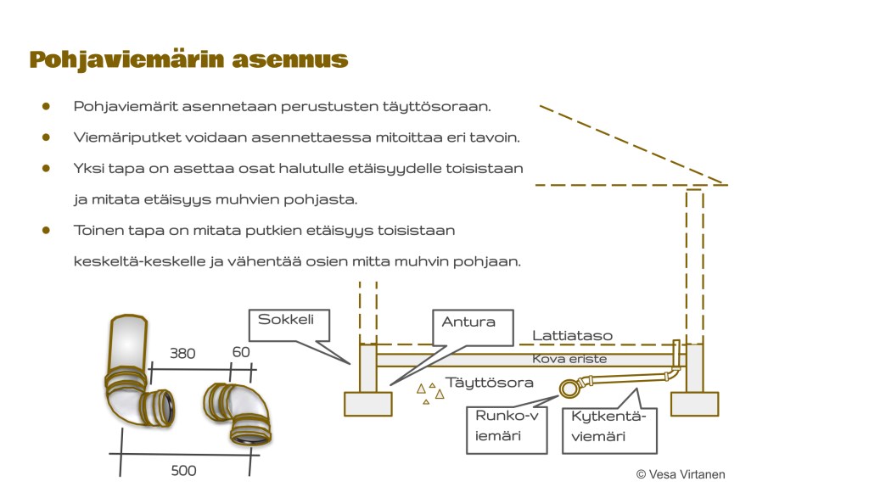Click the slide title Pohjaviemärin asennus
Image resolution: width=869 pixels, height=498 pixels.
(x=188, y=59)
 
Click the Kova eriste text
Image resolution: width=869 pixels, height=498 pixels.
(x=569, y=360)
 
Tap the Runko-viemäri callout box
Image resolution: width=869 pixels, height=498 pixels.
(x=507, y=428)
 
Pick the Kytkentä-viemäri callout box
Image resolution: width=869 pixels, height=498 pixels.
(x=609, y=428)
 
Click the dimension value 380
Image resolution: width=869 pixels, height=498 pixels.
(x=182, y=354)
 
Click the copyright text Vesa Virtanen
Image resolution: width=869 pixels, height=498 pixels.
(x=681, y=475)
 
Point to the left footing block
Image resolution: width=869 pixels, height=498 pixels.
(x=367, y=404)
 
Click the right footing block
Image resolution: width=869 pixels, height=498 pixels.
(x=694, y=404)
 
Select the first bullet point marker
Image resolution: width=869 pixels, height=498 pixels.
(x=47, y=107)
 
